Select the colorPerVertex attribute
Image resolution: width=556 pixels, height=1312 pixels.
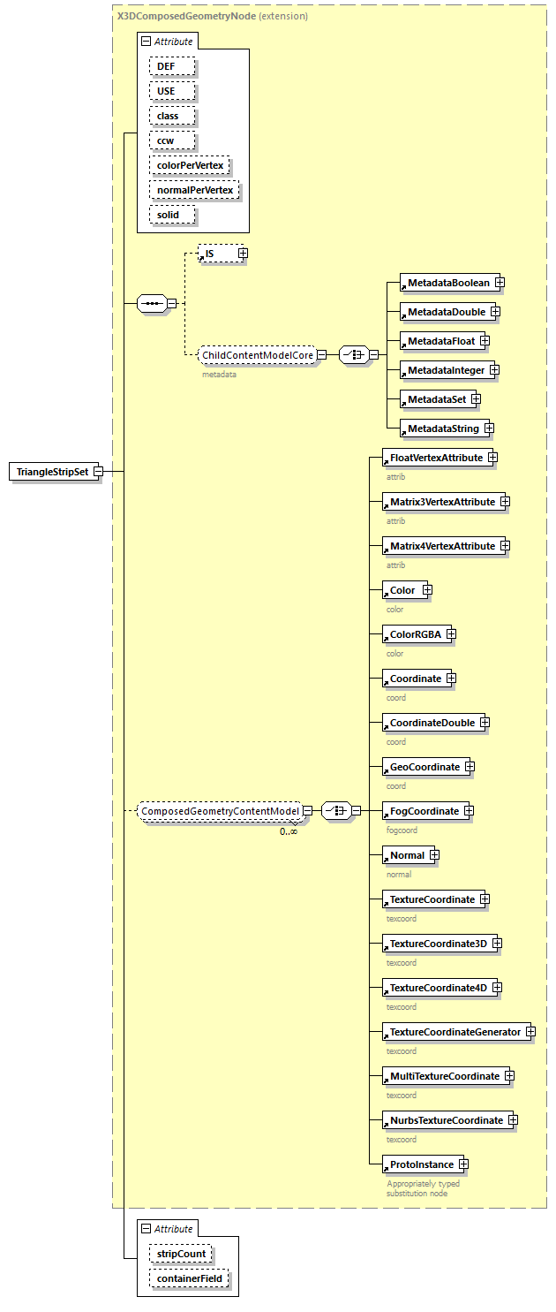[x=190, y=165]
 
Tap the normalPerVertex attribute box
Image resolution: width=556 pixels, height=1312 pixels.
[x=195, y=190]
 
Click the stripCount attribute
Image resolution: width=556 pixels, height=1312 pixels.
[x=181, y=1254]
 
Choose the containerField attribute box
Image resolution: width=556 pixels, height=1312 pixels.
[x=189, y=1278]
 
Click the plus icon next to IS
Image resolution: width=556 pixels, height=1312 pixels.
[x=243, y=254]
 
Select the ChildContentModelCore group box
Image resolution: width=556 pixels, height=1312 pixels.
[x=258, y=355]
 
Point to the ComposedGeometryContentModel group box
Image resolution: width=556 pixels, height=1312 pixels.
[x=221, y=810]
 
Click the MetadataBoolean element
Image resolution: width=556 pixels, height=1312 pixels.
[x=448, y=283]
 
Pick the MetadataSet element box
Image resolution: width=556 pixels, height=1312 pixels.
[x=436, y=399]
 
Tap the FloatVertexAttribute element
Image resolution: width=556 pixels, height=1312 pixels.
[x=436, y=458]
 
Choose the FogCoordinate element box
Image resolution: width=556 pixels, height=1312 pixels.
[x=424, y=811]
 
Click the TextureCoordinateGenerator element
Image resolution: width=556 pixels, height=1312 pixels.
[x=455, y=1032]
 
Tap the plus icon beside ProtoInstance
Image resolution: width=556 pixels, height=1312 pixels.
[x=463, y=1164]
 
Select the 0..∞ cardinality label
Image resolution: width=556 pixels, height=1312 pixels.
[x=289, y=830]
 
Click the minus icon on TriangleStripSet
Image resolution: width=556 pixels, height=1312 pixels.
[x=98, y=472]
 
